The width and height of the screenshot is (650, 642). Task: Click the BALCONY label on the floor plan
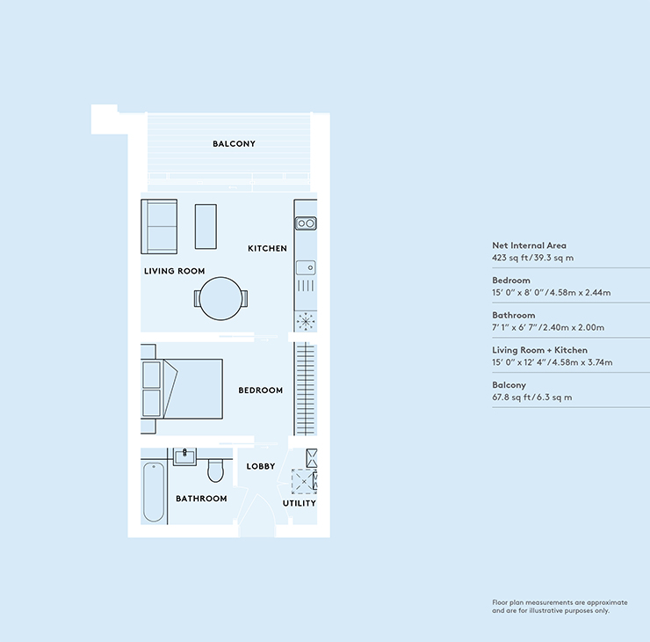tap(234, 143)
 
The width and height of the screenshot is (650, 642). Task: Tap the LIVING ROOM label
tap(175, 271)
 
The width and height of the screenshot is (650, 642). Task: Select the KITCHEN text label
tap(267, 248)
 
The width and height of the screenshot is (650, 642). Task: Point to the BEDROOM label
tap(260, 390)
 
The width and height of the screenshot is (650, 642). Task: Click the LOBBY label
tap(261, 466)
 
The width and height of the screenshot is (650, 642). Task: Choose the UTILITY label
tap(300, 503)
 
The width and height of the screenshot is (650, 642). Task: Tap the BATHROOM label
tap(201, 499)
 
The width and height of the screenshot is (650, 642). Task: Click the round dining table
tap(220, 298)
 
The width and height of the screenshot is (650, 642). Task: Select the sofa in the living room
tap(159, 227)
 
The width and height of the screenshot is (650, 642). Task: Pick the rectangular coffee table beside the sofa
tap(206, 226)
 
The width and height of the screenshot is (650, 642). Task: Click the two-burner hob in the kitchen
tap(306, 223)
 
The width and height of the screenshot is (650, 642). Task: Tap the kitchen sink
tap(306, 267)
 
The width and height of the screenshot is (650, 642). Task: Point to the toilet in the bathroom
tap(215, 471)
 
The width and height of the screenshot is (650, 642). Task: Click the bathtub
tap(154, 492)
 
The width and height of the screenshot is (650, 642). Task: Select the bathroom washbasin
tap(184, 457)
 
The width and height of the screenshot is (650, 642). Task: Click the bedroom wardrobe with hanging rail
tap(306, 389)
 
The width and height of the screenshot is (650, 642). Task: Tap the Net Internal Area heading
tap(529, 245)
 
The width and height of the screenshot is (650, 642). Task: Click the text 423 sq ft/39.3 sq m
tap(532, 258)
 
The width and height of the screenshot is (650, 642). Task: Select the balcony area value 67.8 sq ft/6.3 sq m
tap(531, 398)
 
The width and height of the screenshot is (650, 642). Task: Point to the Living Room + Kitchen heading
tap(539, 350)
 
